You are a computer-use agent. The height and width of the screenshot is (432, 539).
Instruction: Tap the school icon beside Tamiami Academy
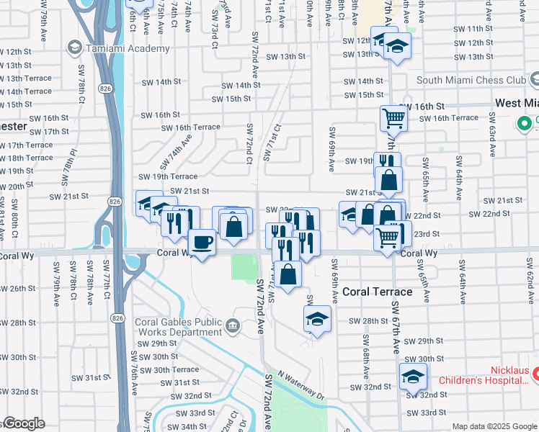74,48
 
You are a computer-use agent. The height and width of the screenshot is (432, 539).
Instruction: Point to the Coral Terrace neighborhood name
377,292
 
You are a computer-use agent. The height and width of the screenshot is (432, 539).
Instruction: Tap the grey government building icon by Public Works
232,326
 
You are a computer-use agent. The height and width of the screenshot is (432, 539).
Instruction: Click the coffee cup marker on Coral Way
202,241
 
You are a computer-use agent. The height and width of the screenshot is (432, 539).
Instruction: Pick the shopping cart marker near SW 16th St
393,117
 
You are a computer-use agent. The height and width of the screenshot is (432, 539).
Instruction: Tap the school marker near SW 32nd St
413,376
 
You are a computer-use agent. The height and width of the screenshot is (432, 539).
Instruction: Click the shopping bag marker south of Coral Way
288,274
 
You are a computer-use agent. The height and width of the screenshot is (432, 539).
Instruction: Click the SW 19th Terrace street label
168,176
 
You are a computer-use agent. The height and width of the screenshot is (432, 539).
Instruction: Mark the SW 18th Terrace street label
27,158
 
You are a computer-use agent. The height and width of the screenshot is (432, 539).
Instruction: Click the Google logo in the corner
23,423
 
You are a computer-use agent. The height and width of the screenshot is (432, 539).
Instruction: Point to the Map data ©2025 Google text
494,426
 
